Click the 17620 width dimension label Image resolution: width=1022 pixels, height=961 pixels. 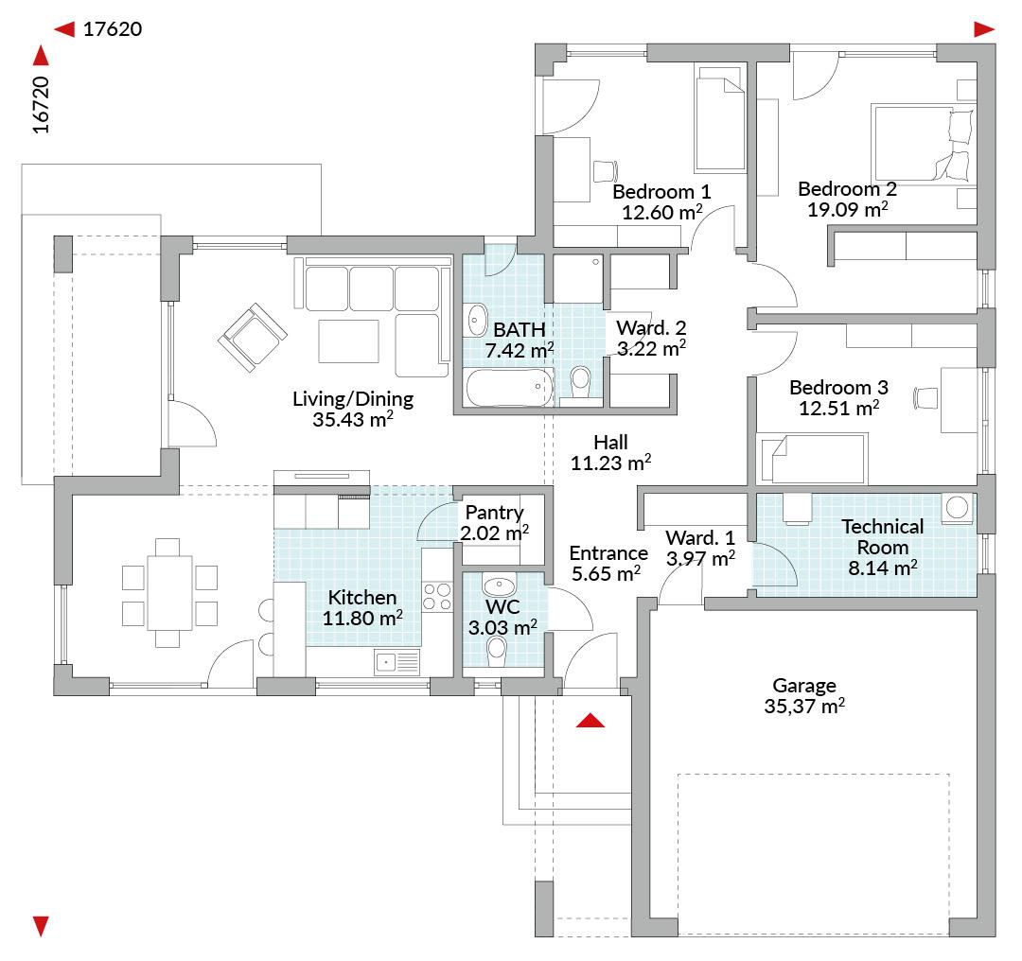coord(112,29)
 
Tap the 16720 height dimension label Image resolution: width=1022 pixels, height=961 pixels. coord(41,105)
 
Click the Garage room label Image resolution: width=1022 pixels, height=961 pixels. coord(804,686)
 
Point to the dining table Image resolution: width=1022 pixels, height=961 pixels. coord(170,594)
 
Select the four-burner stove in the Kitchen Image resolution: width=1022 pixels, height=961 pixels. coord(436,595)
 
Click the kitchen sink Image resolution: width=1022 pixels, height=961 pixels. coord(397,661)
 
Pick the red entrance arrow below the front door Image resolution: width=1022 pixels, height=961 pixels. coord(590,721)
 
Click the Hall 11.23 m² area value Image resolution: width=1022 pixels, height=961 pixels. coord(611,463)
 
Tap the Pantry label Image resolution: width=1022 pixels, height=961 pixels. coord(494,513)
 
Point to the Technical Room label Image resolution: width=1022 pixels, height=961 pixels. coord(883,536)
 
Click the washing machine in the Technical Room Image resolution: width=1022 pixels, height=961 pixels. coord(959,508)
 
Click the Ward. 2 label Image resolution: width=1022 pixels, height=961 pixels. coord(651,328)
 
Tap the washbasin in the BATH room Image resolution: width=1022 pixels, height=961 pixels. coord(477,321)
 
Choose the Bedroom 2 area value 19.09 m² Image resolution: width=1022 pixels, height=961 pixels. coord(847,209)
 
